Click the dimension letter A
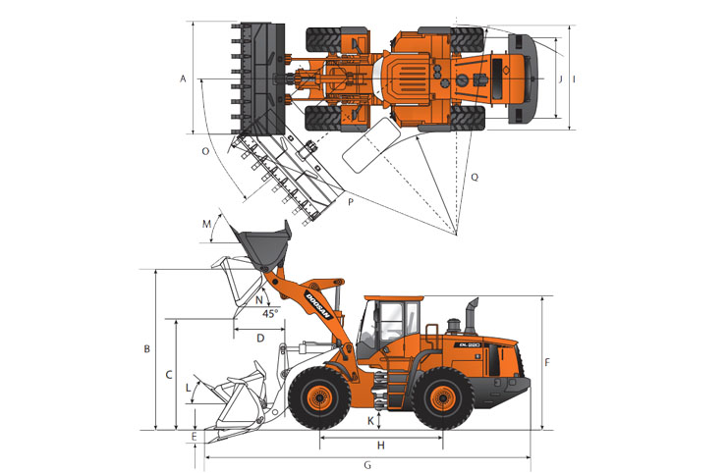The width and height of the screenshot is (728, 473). point(183,79)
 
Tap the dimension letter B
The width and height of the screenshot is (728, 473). point(146,348)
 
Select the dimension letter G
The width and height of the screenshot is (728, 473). point(367,464)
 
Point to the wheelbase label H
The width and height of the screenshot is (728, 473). point(381,446)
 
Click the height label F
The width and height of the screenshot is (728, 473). point(547,362)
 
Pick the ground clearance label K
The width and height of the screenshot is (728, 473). point(370,421)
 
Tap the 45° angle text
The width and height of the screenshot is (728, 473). point(271,313)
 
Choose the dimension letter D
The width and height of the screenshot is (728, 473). point(260,338)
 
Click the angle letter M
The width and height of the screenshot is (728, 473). point(206,225)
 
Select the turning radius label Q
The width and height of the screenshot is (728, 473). point(475,177)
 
